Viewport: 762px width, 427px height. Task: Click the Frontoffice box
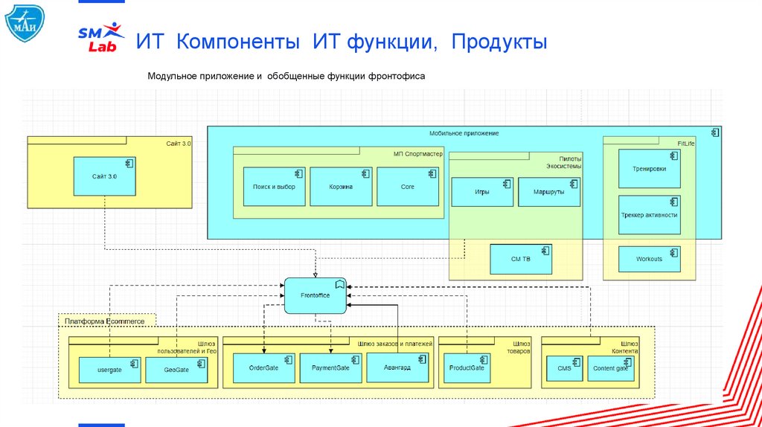click(316, 295)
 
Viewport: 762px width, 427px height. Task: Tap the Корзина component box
click(340, 187)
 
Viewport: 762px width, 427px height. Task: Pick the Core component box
click(407, 187)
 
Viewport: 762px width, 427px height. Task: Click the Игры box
click(481, 192)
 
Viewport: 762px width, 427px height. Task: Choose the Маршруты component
click(548, 192)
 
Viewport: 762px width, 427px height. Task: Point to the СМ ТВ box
click(521, 259)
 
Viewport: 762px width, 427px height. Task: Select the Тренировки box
click(649, 169)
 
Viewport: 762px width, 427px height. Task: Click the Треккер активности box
click(649, 215)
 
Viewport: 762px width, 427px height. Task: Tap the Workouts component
click(649, 259)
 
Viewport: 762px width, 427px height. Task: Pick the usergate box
click(109, 370)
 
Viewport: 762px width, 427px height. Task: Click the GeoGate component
click(176, 370)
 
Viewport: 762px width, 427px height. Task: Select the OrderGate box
click(263, 367)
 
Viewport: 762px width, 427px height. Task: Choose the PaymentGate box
click(330, 367)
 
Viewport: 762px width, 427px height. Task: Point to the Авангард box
click(397, 367)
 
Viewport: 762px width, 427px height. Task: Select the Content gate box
click(611, 368)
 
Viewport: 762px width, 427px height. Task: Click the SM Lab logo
click(102, 37)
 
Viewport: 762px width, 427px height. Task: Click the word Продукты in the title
click(498, 42)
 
